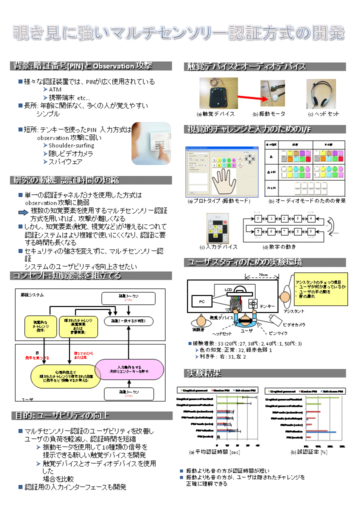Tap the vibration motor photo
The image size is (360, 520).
(x=272, y=93)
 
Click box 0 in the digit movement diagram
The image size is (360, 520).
(x=257, y=218)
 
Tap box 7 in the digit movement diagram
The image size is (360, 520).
(x=284, y=232)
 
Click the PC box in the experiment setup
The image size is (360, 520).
(x=202, y=301)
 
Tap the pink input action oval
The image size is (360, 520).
(x=133, y=369)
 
